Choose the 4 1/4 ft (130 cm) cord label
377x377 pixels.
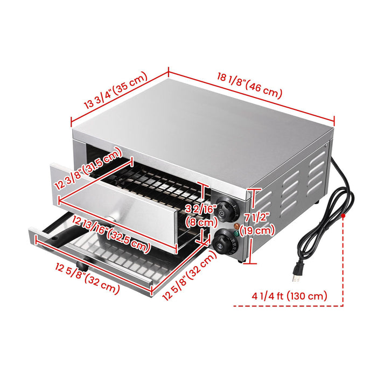pyautogui.click(x=289, y=296)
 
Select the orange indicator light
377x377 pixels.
pyautogui.click(x=236, y=226)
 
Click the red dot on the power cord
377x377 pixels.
pyautogui.click(x=343, y=214)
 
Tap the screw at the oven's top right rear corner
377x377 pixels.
pyautogui.click(x=327, y=144)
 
